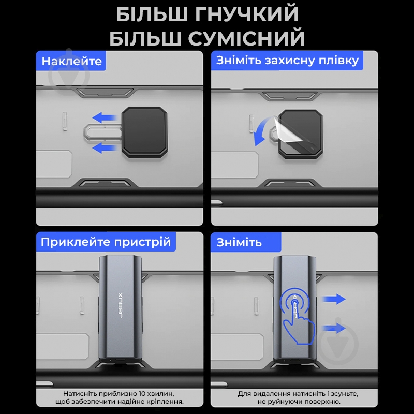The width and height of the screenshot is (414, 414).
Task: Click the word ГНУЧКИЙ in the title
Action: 247,14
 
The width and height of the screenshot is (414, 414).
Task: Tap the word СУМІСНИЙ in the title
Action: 246,38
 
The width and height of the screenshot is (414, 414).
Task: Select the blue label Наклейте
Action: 71,61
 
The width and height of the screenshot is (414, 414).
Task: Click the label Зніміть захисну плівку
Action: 287,61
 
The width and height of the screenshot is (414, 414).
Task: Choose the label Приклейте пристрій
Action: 106,242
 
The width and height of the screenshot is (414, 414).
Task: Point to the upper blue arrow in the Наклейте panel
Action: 105,117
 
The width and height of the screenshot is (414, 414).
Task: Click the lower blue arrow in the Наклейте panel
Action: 105,147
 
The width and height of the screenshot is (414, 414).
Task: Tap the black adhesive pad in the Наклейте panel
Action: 145,132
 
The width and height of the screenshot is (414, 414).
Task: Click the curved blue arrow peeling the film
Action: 261,131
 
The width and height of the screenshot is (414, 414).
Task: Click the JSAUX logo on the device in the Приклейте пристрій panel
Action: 120,305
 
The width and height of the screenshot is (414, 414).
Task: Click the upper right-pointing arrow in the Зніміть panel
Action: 334,299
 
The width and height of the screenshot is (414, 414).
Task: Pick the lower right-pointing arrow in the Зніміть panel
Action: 334,328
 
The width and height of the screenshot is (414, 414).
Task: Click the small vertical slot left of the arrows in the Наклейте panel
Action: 65,121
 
